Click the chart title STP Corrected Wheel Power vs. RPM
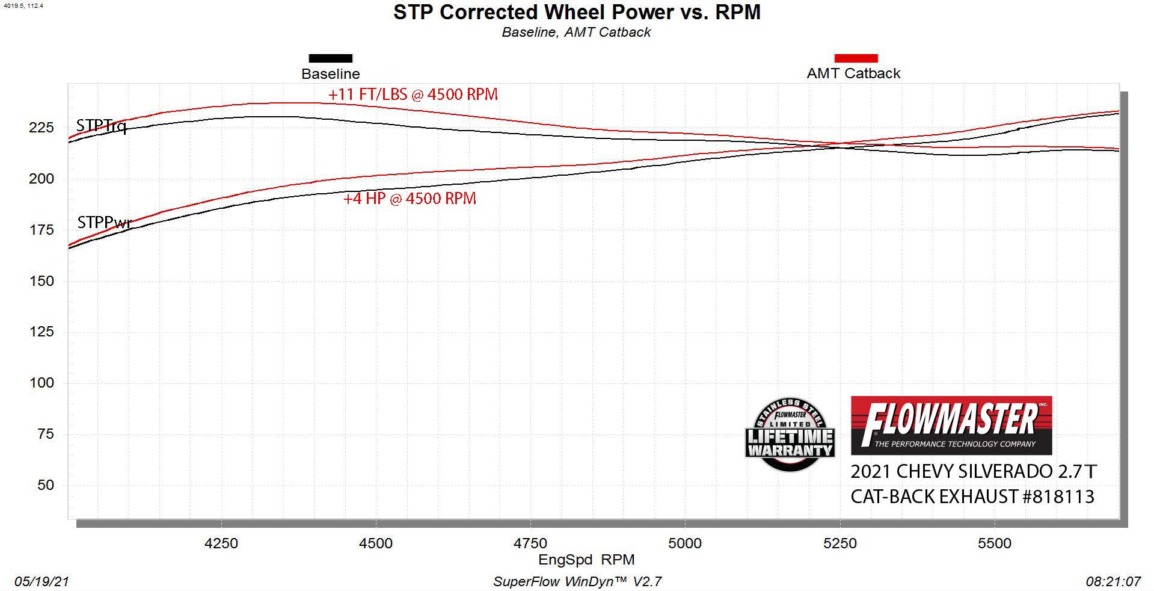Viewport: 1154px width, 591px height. pos(577,12)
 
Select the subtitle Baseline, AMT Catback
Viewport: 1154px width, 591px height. pos(576,32)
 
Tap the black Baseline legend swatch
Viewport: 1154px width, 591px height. pos(330,58)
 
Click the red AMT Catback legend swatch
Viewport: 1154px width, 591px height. pos(856,58)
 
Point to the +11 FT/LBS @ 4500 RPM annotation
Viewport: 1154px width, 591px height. pos(413,94)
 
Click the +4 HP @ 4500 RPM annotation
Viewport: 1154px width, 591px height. pos(410,199)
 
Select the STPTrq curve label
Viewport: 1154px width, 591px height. pos(101,126)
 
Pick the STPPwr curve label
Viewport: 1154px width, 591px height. pos(103,223)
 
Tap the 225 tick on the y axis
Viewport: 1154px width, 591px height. pos(41,128)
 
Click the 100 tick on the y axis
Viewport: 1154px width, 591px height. pos(41,383)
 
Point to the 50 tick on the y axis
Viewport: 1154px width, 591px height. pos(45,485)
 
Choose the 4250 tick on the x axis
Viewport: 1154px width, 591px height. pos(221,543)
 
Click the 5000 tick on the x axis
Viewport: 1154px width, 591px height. pos(685,543)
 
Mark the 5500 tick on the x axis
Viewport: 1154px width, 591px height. pos(995,543)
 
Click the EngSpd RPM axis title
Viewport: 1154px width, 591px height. pos(586,560)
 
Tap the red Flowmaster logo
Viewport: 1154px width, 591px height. pos(951,425)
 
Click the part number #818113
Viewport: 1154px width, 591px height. pos(1058,497)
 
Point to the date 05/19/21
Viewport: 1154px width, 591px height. pos(41,581)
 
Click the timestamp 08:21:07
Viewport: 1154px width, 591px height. pos(1113,581)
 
